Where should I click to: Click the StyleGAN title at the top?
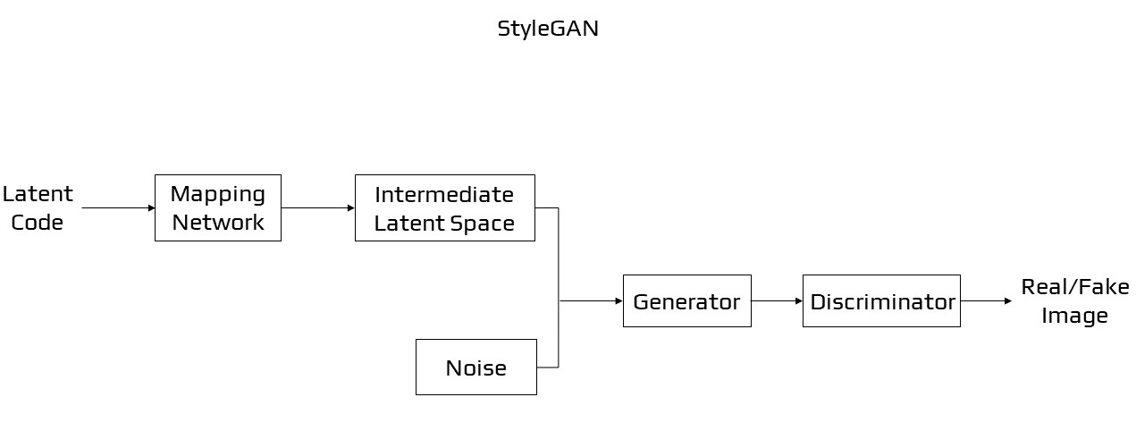pos(547,29)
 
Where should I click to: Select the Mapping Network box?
pos(217,207)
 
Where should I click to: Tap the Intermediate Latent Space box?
pos(444,207)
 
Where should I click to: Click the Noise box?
pos(475,367)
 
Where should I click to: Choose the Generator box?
pos(686,301)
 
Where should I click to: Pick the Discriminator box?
pos(881,301)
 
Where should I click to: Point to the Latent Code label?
pos(38,207)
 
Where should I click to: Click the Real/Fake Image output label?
pos(1074,301)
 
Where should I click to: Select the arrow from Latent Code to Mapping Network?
pos(117,208)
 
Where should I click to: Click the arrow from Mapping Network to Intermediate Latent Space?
pos(317,208)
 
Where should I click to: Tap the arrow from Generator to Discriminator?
pos(776,301)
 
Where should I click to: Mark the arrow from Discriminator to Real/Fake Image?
pos(986,301)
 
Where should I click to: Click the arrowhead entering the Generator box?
pos(618,301)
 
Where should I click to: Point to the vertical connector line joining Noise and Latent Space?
pos(559,286)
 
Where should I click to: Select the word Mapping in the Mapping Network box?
pos(217,194)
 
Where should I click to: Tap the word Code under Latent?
pos(38,223)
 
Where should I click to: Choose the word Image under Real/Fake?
pos(1074,316)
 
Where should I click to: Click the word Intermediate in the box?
pos(444,194)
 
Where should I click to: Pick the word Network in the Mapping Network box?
pos(217,223)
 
